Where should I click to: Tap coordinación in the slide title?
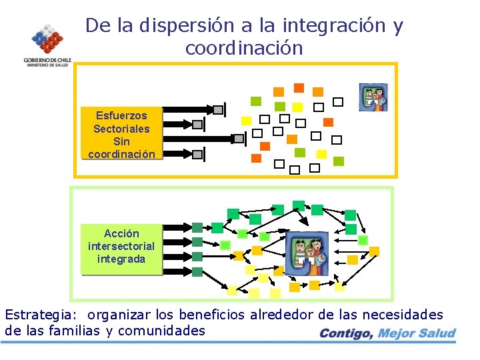coord(244,49)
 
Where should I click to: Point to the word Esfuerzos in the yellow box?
coord(121,115)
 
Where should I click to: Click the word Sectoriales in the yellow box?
coord(121,129)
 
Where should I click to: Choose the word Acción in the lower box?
coord(121,233)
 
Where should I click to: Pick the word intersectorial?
coord(121,246)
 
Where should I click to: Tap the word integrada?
coord(121,259)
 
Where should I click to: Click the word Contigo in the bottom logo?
coord(346,333)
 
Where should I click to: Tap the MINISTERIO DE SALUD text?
coord(46,65)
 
